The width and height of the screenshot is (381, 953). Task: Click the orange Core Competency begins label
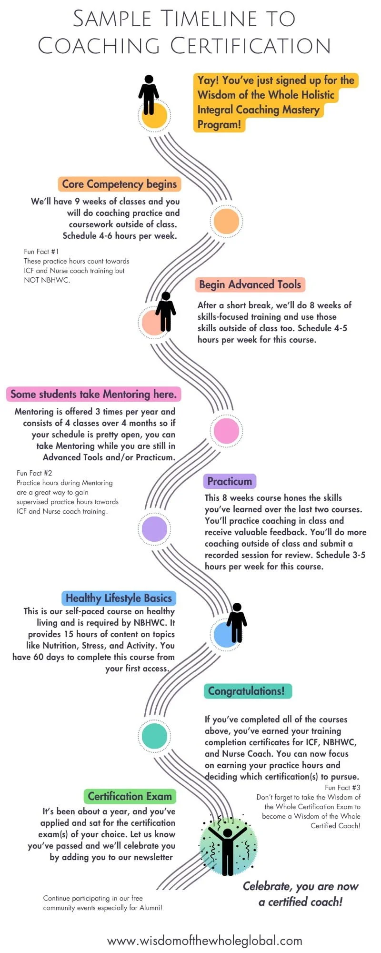119,184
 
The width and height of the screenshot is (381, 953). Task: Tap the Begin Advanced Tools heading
250,285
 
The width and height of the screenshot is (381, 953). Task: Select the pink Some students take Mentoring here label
93,394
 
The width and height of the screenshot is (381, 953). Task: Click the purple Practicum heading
230,481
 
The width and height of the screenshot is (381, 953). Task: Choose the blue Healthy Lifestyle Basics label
119,598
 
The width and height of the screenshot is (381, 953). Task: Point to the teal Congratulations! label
246,691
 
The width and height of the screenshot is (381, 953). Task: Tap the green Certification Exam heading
130,796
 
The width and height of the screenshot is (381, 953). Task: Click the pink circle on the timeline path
226,430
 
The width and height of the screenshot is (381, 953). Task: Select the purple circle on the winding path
154,528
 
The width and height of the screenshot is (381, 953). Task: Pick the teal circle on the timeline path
154,735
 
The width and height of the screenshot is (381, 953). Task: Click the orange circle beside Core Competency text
226,221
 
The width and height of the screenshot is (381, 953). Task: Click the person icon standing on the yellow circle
149,95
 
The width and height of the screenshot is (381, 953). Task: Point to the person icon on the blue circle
237,622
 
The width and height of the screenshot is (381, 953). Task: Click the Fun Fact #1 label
41,252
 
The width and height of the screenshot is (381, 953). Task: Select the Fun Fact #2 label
34,473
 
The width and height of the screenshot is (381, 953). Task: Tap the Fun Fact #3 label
342,788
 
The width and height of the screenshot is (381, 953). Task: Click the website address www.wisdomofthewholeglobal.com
205,941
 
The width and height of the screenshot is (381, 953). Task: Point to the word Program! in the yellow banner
220,125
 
